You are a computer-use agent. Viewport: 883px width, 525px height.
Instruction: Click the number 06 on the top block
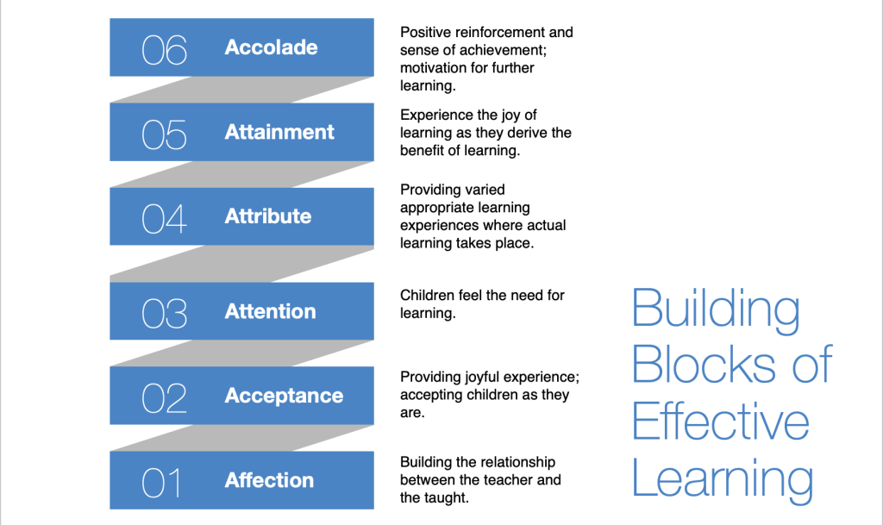pos(164,50)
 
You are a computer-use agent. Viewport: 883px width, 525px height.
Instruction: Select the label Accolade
pos(271,47)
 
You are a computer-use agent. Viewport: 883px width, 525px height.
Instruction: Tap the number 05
pos(164,135)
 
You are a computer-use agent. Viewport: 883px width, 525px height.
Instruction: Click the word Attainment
pos(279,132)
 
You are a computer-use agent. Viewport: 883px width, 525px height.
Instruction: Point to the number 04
pos(164,219)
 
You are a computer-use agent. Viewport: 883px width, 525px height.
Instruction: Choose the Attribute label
pos(268,216)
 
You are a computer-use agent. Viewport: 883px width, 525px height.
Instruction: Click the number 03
pos(164,314)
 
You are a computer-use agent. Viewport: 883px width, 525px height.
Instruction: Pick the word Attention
pos(270,311)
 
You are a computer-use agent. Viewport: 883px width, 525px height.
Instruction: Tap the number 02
pos(164,398)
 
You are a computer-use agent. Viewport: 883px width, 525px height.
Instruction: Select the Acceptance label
pos(284,396)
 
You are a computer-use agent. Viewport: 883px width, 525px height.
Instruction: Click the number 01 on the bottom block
pos(161,484)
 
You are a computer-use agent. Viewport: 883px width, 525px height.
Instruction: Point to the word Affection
pos(269,480)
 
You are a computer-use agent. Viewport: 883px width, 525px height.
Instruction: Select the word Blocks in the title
pos(703,365)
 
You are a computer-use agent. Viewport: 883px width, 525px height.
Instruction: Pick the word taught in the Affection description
pos(448,498)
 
